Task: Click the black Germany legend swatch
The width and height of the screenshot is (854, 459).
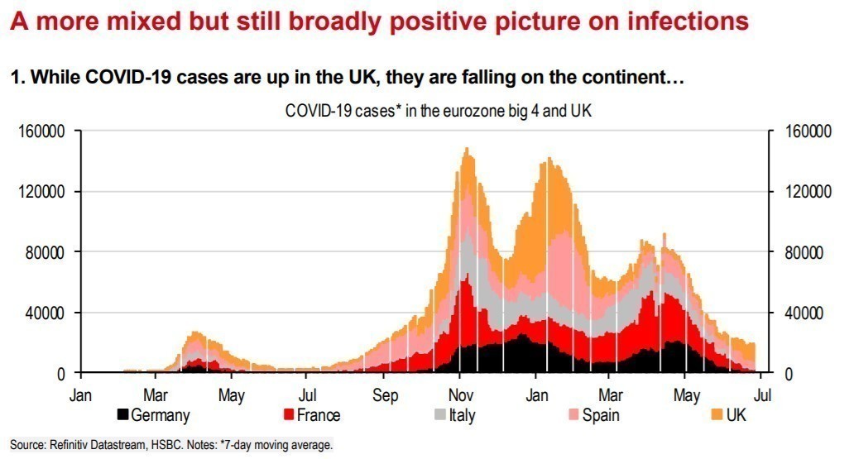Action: coord(123,414)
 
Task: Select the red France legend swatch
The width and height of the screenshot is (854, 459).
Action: coord(290,414)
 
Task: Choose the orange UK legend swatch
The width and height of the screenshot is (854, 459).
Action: coord(717,414)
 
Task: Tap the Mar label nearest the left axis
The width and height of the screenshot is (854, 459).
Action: coord(156,394)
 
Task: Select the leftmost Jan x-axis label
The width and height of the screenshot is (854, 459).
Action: coord(81,394)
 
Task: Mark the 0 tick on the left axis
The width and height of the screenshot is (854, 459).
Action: coord(63,373)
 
